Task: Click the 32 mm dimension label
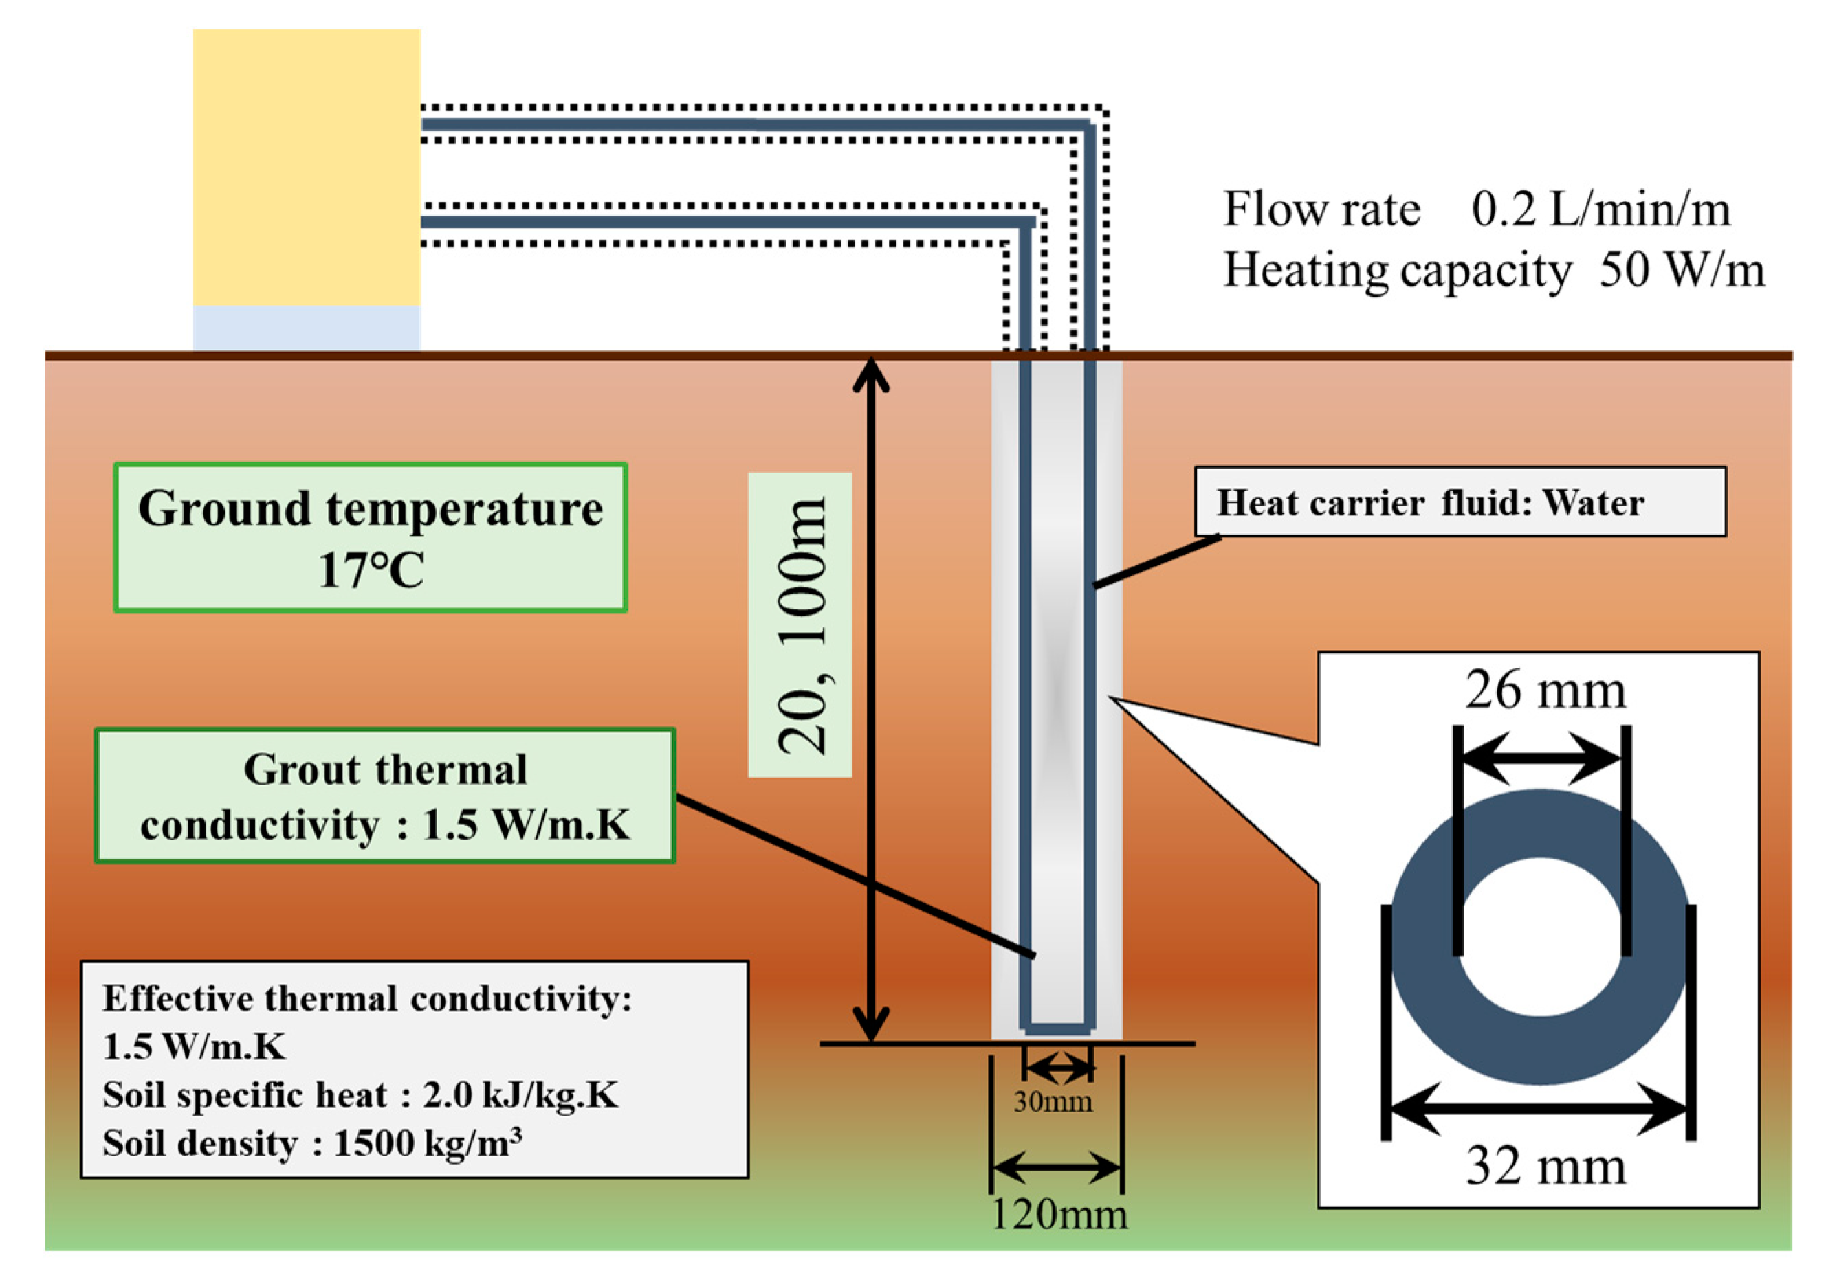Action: pyautogui.click(x=1545, y=1166)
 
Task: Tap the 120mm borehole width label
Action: pyautogui.click(x=1059, y=1214)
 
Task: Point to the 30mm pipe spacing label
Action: pyautogui.click(x=1053, y=1102)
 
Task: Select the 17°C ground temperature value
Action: pyautogui.click(x=371, y=570)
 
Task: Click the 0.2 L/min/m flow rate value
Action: pyautogui.click(x=1600, y=210)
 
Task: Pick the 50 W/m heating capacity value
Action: pyautogui.click(x=1681, y=270)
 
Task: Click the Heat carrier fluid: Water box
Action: pyautogui.click(x=1460, y=502)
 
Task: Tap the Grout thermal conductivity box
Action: pyautogui.click(x=385, y=796)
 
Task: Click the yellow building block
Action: pyautogui.click(x=307, y=167)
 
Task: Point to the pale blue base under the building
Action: pyautogui.click(x=307, y=328)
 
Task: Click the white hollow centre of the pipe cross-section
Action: pyautogui.click(x=1540, y=936)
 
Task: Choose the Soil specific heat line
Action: pyautogui.click(x=360, y=1095)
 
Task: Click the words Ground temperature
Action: pyautogui.click(x=371, y=508)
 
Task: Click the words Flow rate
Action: pyautogui.click(x=1322, y=210)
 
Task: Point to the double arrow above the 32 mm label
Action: pyautogui.click(x=1539, y=1110)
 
